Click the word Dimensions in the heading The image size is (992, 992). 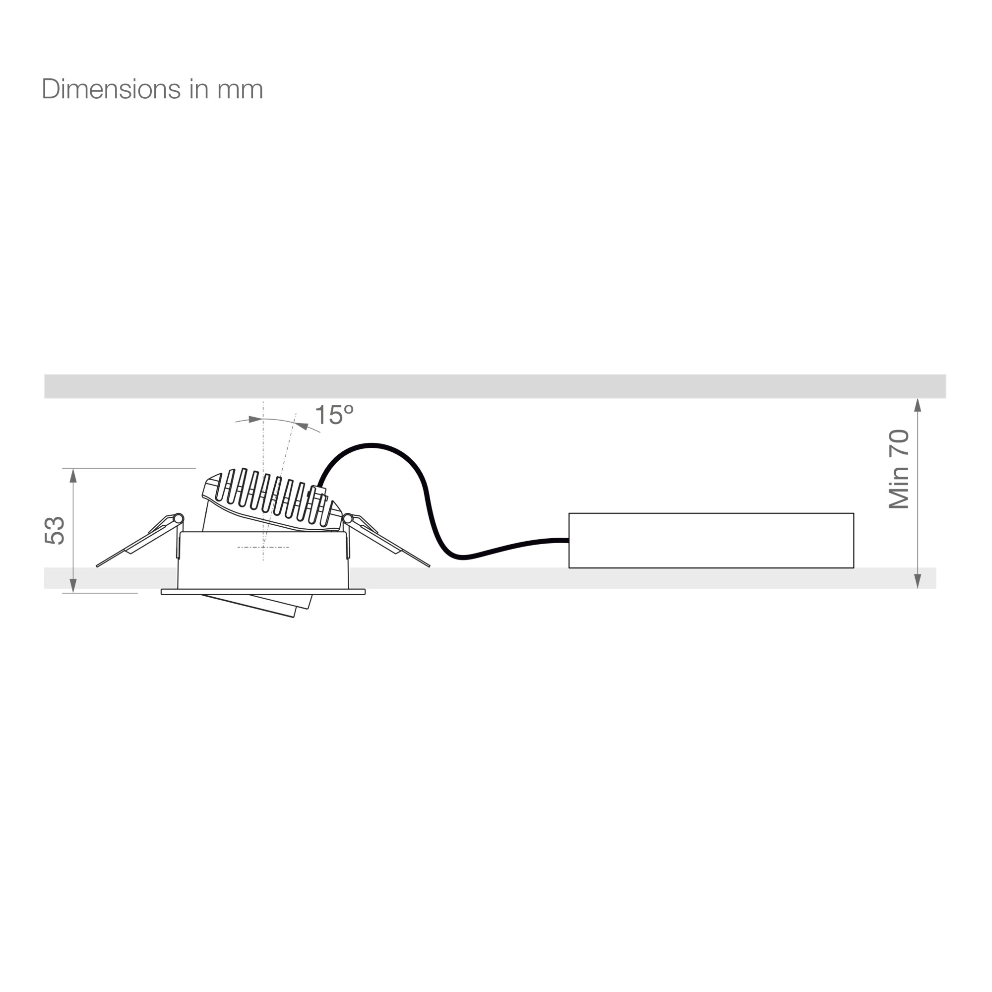(x=111, y=89)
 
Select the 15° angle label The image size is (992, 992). (x=334, y=415)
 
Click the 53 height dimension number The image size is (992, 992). (x=55, y=530)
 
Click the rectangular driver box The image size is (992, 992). (x=711, y=540)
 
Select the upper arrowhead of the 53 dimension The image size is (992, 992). (x=73, y=476)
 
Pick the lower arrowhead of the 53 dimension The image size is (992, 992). (x=73, y=586)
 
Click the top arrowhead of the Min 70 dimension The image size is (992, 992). (x=918, y=405)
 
